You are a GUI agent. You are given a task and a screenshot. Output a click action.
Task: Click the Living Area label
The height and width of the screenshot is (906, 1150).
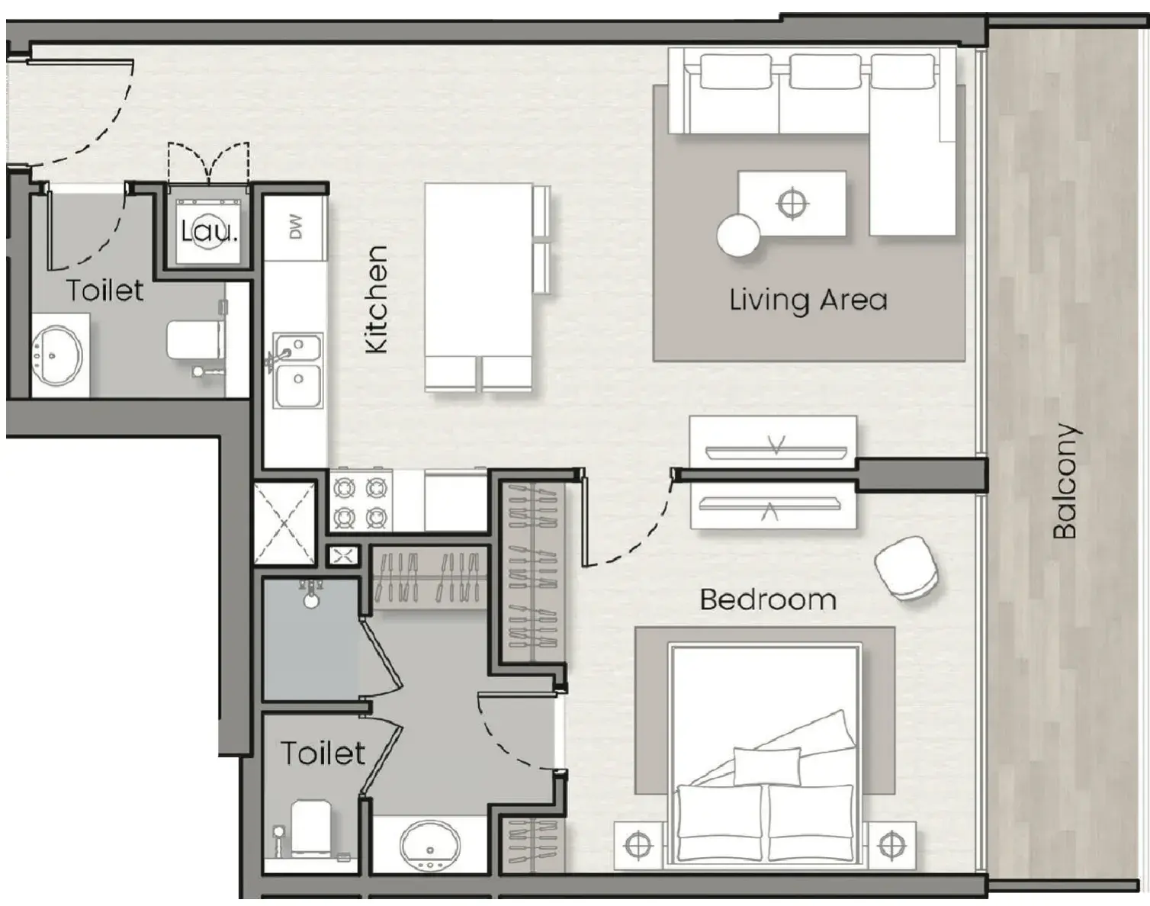[x=808, y=300]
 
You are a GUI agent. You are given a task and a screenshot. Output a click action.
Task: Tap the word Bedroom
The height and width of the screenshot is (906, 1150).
[x=768, y=599]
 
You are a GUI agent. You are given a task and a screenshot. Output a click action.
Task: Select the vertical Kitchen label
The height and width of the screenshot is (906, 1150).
[x=376, y=299]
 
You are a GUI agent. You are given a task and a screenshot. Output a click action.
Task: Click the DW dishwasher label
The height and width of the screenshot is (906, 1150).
[x=297, y=226]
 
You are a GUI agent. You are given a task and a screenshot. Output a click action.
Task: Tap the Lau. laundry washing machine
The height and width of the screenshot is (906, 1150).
[x=208, y=231]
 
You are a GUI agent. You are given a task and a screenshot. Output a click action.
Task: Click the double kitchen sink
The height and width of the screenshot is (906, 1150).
[x=298, y=371]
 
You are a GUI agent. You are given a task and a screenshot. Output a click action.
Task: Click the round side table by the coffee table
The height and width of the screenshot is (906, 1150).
[x=738, y=235]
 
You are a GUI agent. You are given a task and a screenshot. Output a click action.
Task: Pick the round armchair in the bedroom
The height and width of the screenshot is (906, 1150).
[x=906, y=569]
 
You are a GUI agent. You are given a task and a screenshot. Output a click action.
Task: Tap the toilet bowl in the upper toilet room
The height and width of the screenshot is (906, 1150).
[x=194, y=340]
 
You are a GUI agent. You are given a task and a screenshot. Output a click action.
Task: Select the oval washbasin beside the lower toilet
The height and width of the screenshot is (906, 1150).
[x=430, y=845]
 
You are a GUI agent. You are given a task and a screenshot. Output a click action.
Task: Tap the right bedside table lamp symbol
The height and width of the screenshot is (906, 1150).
[x=891, y=845]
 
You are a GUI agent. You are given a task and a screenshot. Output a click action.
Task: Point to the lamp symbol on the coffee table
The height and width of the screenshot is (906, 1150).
[x=792, y=204]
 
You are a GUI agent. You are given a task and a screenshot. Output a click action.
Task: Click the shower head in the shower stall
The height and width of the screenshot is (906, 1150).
[x=311, y=594]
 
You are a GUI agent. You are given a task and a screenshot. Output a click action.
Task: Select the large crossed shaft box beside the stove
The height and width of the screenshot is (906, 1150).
[x=284, y=523]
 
